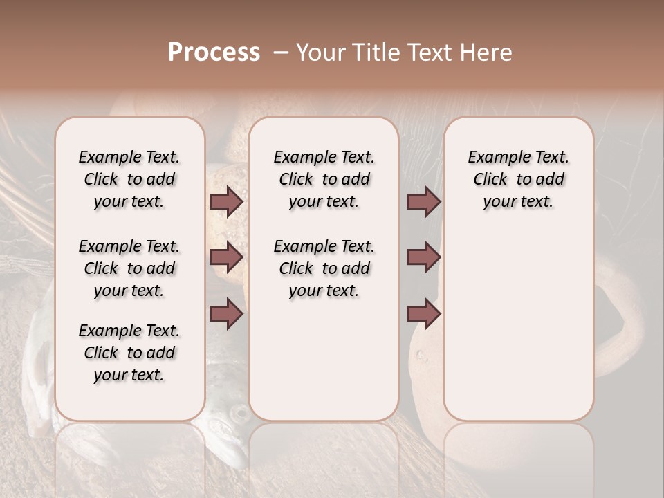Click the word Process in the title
click(214, 53)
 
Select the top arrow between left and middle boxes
click(226, 201)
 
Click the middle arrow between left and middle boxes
click(226, 257)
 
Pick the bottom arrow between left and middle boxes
click(226, 313)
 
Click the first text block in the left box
click(129, 179)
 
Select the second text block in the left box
click(129, 268)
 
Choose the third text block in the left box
click(129, 353)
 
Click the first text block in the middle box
click(324, 179)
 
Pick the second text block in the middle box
click(324, 268)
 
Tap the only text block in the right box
click(518, 179)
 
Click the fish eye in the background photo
click(240, 414)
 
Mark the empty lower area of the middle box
click(324, 360)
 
